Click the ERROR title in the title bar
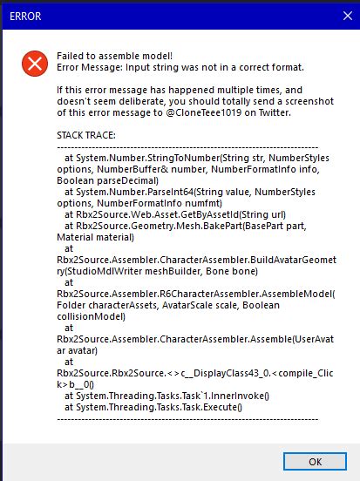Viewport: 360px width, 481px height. [x=25, y=15]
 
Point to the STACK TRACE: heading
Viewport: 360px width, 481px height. [x=88, y=135]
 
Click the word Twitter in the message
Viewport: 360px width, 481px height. [x=288, y=112]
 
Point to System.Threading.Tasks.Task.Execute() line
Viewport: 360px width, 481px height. [x=156, y=407]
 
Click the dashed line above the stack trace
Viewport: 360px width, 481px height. [x=174, y=146]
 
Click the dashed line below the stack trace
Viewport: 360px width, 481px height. [x=174, y=418]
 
